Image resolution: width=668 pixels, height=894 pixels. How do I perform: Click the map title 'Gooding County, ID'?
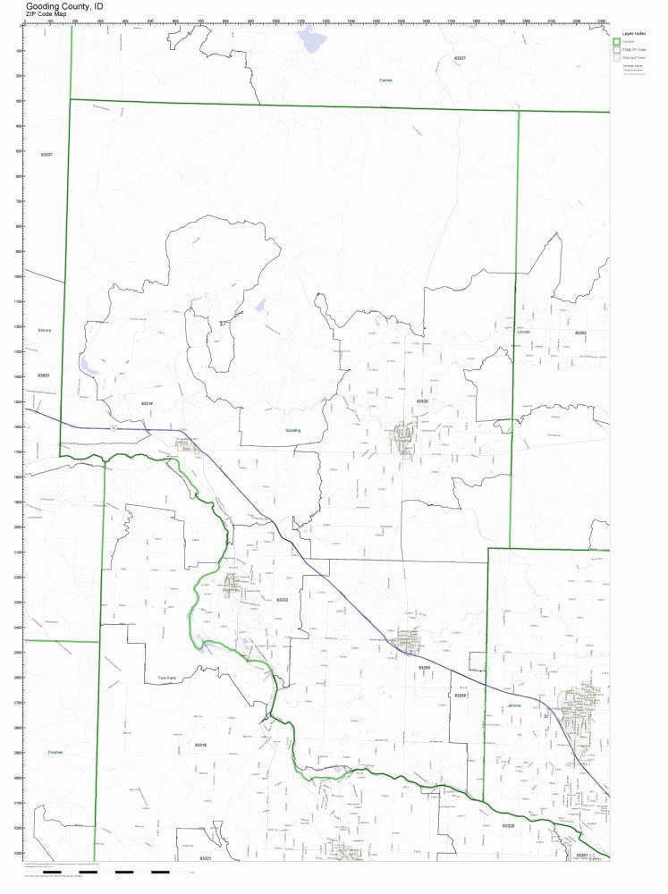tap(57, 5)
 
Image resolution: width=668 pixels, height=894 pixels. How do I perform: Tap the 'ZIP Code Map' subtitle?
tap(47, 14)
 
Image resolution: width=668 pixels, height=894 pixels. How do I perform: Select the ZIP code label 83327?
tap(460, 57)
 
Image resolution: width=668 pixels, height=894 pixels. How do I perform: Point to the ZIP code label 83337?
tap(47, 155)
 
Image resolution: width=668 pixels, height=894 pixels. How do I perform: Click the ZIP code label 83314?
tap(148, 404)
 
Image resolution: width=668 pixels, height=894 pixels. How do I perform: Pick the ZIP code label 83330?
tap(422, 402)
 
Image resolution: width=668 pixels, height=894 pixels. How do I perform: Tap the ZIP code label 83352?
tap(580, 333)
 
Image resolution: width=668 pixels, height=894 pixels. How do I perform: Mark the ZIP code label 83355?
tap(424, 667)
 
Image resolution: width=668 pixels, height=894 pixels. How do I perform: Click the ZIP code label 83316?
tap(200, 745)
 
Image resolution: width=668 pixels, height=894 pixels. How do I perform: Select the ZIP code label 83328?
tap(508, 825)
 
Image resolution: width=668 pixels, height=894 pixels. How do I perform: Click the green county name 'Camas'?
tap(385, 80)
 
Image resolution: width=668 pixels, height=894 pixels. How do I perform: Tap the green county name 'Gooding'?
tap(293, 430)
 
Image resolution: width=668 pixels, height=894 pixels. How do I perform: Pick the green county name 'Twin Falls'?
tap(167, 678)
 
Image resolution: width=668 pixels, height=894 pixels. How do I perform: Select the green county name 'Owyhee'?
tap(55, 752)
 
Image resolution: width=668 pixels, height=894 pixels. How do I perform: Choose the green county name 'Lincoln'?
tap(524, 332)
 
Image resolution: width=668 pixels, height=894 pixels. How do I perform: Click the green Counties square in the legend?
tap(616, 41)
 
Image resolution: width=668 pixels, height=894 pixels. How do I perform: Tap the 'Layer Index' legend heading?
tap(634, 33)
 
